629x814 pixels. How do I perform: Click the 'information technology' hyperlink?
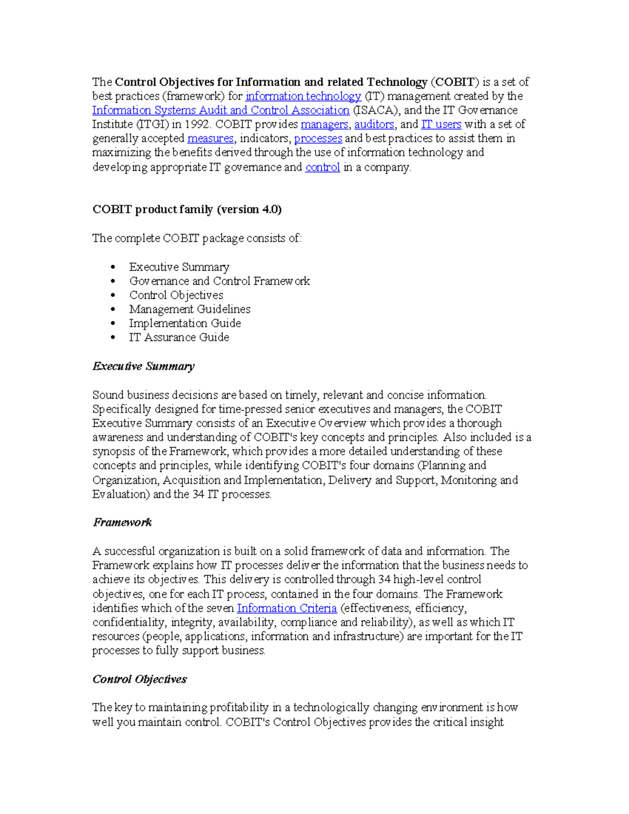click(x=303, y=96)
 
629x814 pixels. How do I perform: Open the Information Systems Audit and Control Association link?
click(x=221, y=111)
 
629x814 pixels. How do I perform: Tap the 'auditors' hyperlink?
click(x=374, y=125)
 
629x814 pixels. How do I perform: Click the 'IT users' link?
click(x=441, y=125)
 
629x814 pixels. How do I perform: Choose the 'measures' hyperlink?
click(x=210, y=139)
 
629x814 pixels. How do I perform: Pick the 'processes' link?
click(x=318, y=139)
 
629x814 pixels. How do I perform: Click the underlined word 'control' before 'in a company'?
click(x=322, y=168)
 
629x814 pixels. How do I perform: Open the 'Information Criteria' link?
click(x=287, y=609)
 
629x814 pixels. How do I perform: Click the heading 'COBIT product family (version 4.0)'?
click(x=187, y=210)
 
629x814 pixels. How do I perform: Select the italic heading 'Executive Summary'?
click(x=143, y=366)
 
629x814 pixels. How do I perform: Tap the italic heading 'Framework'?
click(x=122, y=523)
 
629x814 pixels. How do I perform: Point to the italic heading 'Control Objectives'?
click(x=139, y=679)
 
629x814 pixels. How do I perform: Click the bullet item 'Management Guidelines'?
click(x=190, y=309)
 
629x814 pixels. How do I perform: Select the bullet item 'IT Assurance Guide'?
click(x=179, y=338)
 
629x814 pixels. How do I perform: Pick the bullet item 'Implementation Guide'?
click(x=185, y=323)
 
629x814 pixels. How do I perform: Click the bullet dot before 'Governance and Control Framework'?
click(x=113, y=281)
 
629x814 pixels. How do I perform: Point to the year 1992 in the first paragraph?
click(x=198, y=125)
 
